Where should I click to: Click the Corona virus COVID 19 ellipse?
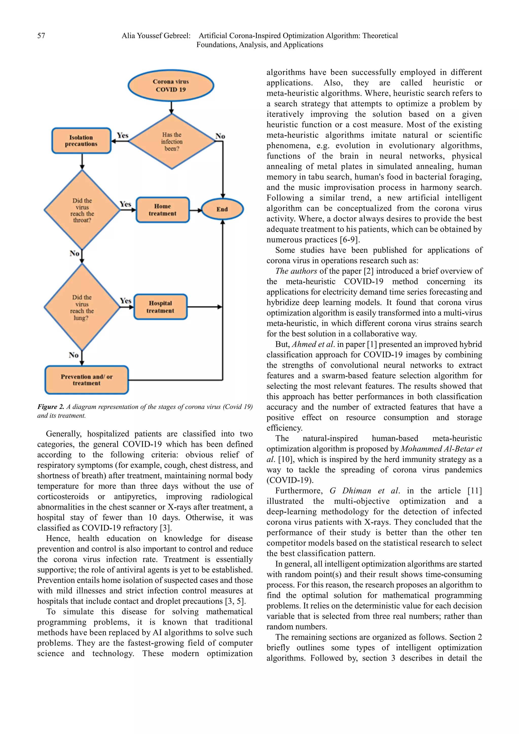click(171, 86)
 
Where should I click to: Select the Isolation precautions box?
click(81, 141)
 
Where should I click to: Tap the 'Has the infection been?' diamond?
click(172, 141)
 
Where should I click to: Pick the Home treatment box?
click(162, 210)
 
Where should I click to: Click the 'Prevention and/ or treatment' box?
click(86, 380)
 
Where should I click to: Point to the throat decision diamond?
click(82, 210)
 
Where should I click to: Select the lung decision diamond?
click(82, 307)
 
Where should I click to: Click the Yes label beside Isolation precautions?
click(122, 136)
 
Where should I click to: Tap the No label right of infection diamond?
click(220, 136)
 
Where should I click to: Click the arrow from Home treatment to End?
click(195, 210)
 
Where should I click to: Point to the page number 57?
click(41, 35)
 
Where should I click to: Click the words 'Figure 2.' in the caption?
click(50, 407)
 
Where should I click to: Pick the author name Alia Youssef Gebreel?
click(156, 35)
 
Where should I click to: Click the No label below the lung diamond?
click(73, 355)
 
